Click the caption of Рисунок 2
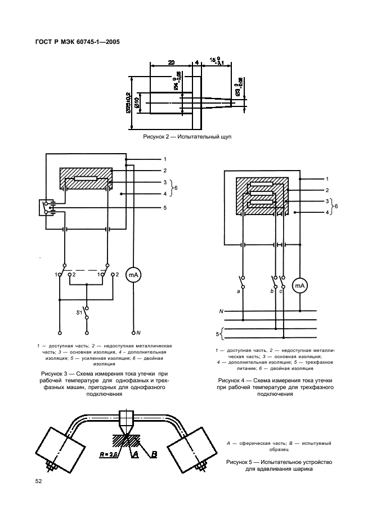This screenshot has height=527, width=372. point(188,136)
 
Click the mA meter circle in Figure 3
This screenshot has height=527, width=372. point(134,274)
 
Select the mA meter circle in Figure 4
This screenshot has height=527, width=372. point(300,286)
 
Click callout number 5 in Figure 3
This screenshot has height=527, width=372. point(165,208)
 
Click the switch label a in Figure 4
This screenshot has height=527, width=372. point(239,291)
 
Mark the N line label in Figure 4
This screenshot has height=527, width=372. point(221,310)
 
